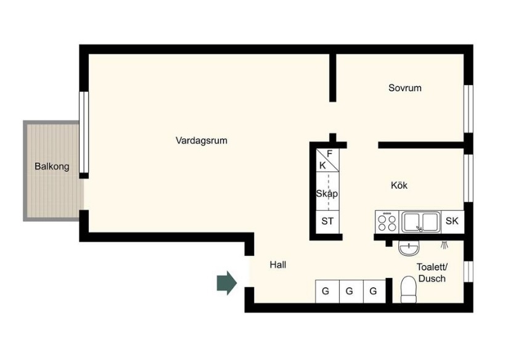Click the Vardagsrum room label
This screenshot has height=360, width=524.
click(x=202, y=141)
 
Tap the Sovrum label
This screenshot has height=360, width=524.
click(x=404, y=88)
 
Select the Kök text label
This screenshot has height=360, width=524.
click(x=399, y=185)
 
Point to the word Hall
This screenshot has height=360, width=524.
click(x=278, y=264)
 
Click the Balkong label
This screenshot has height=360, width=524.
click(x=52, y=166)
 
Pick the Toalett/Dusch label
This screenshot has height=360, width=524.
click(x=432, y=272)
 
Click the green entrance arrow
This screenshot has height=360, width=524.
click(x=227, y=283)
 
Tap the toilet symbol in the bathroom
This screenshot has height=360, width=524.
click(x=408, y=290)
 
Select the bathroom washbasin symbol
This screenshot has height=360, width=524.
click(x=409, y=248)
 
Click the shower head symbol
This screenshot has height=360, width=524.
click(x=444, y=245)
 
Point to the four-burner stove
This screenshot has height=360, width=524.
click(x=387, y=222)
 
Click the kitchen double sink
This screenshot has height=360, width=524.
click(x=420, y=222)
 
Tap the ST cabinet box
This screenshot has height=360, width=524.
click(x=327, y=222)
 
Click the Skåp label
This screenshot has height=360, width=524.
click(x=327, y=194)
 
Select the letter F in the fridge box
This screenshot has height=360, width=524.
click(x=330, y=153)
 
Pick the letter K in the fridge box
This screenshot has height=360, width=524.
click(x=322, y=165)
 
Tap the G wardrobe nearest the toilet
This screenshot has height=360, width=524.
click(x=374, y=292)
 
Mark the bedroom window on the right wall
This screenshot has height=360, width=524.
click(x=469, y=109)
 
